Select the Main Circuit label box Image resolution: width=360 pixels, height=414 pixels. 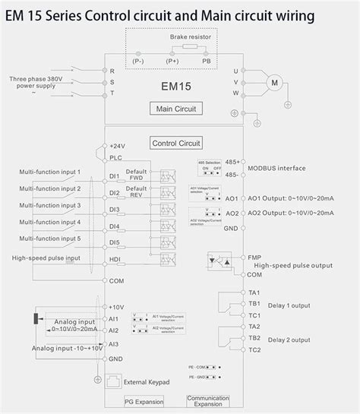(175, 109)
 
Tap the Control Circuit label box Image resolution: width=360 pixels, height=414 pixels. (175, 142)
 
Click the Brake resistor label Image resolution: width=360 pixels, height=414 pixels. (190, 36)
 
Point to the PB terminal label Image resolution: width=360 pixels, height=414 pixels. (206, 60)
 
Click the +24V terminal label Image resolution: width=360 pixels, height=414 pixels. (116, 145)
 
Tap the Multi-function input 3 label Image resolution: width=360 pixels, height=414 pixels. (50, 205)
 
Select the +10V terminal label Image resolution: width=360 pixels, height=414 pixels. (116, 307)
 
